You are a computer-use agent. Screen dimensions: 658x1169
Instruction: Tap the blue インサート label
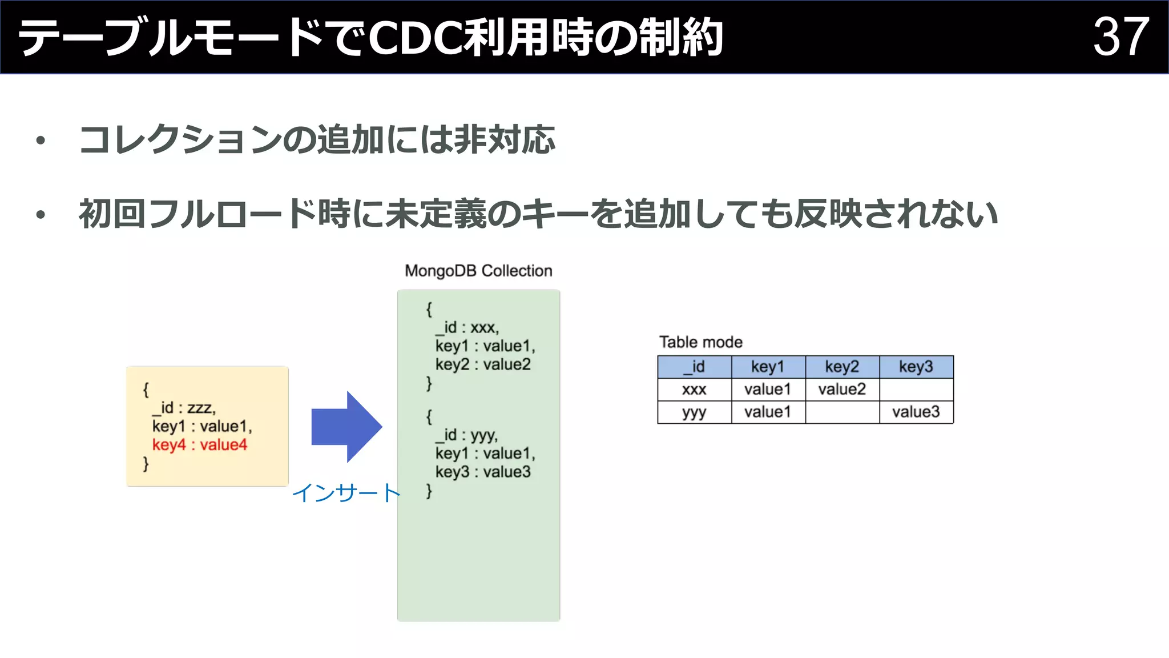(346, 493)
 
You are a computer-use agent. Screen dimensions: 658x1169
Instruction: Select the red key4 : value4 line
(199, 445)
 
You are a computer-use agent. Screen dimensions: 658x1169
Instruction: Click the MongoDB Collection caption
(478, 271)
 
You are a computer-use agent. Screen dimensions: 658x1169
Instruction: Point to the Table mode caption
(700, 342)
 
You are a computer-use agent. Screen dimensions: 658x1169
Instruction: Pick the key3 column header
(916, 367)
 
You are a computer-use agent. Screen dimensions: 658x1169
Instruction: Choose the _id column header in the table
(694, 367)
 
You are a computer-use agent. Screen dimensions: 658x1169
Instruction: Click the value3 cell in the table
(916, 412)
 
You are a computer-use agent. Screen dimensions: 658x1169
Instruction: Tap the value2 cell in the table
(842, 390)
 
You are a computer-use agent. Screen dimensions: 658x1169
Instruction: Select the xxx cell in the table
(694, 390)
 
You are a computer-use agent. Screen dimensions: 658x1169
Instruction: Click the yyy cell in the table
(694, 412)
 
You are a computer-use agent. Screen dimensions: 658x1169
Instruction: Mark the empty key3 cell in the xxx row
(916, 390)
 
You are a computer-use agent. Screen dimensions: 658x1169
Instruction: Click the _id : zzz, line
(184, 408)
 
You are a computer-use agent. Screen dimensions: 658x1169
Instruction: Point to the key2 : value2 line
(483, 364)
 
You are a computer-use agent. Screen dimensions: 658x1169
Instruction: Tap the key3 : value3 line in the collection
(483, 472)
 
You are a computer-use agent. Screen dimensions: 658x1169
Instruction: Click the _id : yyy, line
(467, 435)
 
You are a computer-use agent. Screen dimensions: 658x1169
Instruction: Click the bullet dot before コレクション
(40, 141)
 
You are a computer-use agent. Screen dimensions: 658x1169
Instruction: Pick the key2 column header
(842, 367)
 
